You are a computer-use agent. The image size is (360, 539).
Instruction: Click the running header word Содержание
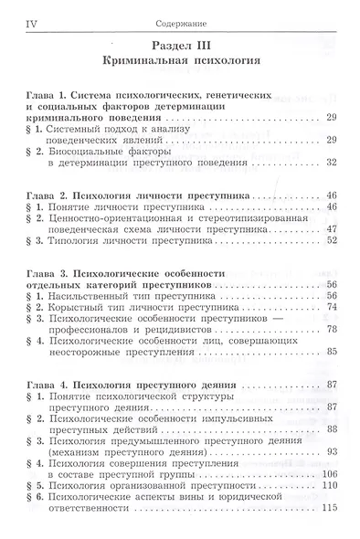[181, 17]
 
